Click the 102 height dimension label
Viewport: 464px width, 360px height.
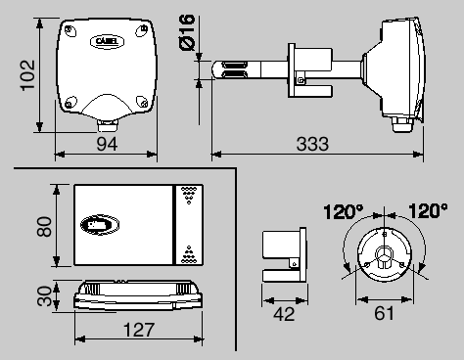[x=27, y=75]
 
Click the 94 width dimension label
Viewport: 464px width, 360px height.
[x=107, y=144]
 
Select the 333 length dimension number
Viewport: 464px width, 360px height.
[x=312, y=144]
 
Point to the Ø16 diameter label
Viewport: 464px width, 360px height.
[x=187, y=32]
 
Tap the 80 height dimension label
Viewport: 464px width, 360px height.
[x=44, y=226]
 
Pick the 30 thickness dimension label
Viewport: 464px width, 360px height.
[x=44, y=295]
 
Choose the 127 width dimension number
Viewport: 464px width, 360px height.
[x=139, y=330]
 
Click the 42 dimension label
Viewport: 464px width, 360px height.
[x=284, y=314]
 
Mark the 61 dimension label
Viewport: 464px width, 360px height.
[x=384, y=313]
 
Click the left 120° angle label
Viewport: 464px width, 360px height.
[x=344, y=211]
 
